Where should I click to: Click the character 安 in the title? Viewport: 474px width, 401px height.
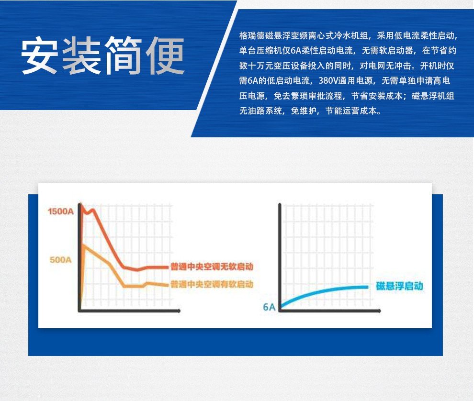click(39, 56)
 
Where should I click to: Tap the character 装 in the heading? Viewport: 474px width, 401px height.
click(81, 56)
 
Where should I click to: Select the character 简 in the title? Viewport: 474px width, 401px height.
click(123, 56)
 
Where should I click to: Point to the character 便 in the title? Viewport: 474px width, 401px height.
click(165, 56)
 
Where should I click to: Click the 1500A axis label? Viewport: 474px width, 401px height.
click(61, 211)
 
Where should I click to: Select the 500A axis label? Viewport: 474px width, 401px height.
click(61, 259)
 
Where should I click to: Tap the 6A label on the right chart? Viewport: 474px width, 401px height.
click(269, 307)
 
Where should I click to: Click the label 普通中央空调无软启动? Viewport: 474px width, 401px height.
click(212, 267)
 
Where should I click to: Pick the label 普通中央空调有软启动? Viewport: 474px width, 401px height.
click(212, 284)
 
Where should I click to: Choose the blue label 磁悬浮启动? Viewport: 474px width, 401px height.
click(399, 286)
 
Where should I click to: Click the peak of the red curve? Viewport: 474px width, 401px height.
click(80, 205)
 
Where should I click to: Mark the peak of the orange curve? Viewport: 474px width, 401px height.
click(83, 245)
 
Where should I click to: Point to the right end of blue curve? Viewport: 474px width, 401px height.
click(367, 287)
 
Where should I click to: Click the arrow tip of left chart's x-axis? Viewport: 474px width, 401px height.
click(179, 311)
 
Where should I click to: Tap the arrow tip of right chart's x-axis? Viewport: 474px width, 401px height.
click(380, 311)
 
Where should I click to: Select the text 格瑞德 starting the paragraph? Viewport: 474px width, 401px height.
click(252, 36)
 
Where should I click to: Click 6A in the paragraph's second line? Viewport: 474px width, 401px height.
click(296, 50)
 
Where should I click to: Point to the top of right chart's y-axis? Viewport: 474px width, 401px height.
click(280, 205)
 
